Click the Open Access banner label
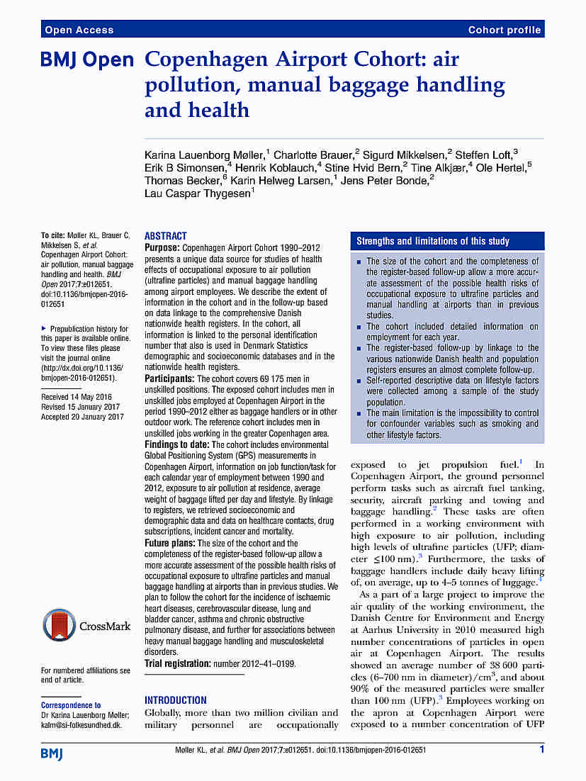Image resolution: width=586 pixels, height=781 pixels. click(x=79, y=30)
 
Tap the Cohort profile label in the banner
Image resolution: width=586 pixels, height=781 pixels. click(x=505, y=30)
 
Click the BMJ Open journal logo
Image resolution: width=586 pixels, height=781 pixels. click(x=86, y=62)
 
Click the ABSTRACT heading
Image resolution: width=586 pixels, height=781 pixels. click(x=166, y=236)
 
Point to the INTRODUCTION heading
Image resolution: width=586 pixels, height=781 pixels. click(x=176, y=699)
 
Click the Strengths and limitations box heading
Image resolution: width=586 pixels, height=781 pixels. click(x=432, y=241)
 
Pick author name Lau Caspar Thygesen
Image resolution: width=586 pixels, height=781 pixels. click(x=197, y=193)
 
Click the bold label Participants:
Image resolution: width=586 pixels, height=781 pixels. click(x=169, y=379)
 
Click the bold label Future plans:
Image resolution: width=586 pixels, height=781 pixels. click(x=169, y=542)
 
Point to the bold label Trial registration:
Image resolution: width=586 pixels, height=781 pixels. click(x=177, y=663)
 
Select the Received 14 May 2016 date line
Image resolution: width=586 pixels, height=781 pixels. click(x=77, y=397)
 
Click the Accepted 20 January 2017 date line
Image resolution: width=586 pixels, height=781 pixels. click(x=82, y=417)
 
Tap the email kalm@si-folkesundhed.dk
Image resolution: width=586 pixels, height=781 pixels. click(x=81, y=726)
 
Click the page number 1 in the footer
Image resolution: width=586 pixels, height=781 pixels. click(x=542, y=749)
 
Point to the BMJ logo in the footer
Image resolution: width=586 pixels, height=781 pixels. click(x=52, y=753)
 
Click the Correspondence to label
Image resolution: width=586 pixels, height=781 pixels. click(x=71, y=705)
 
